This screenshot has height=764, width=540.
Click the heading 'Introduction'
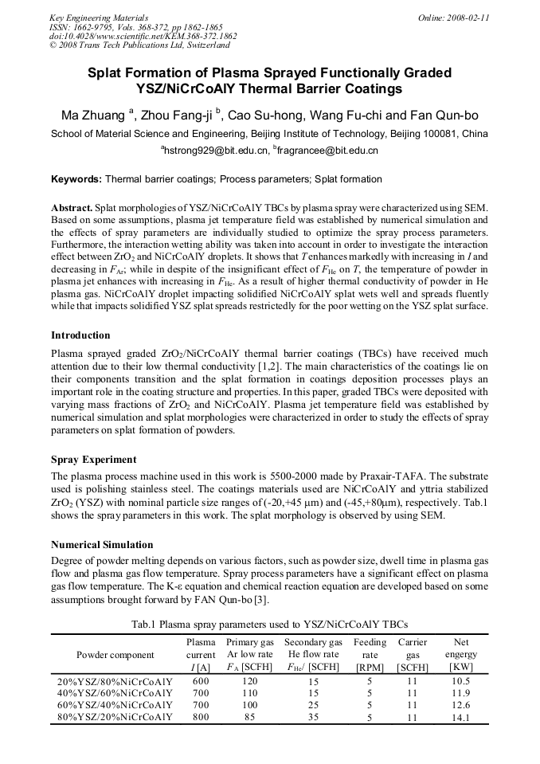point(80,335)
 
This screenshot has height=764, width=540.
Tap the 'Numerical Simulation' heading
point(102,545)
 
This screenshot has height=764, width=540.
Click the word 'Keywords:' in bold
point(76,179)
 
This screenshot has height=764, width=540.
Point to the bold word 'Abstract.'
point(73,207)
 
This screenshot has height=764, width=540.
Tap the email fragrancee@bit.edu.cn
point(327,150)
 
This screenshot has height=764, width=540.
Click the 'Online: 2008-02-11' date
point(453,17)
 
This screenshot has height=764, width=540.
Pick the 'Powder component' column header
point(115,655)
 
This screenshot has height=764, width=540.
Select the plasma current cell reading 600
point(201,681)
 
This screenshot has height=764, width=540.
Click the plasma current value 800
point(201,717)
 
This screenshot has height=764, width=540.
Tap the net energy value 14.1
point(460,717)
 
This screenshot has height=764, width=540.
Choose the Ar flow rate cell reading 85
point(250,717)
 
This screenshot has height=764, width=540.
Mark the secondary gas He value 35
point(314,717)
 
